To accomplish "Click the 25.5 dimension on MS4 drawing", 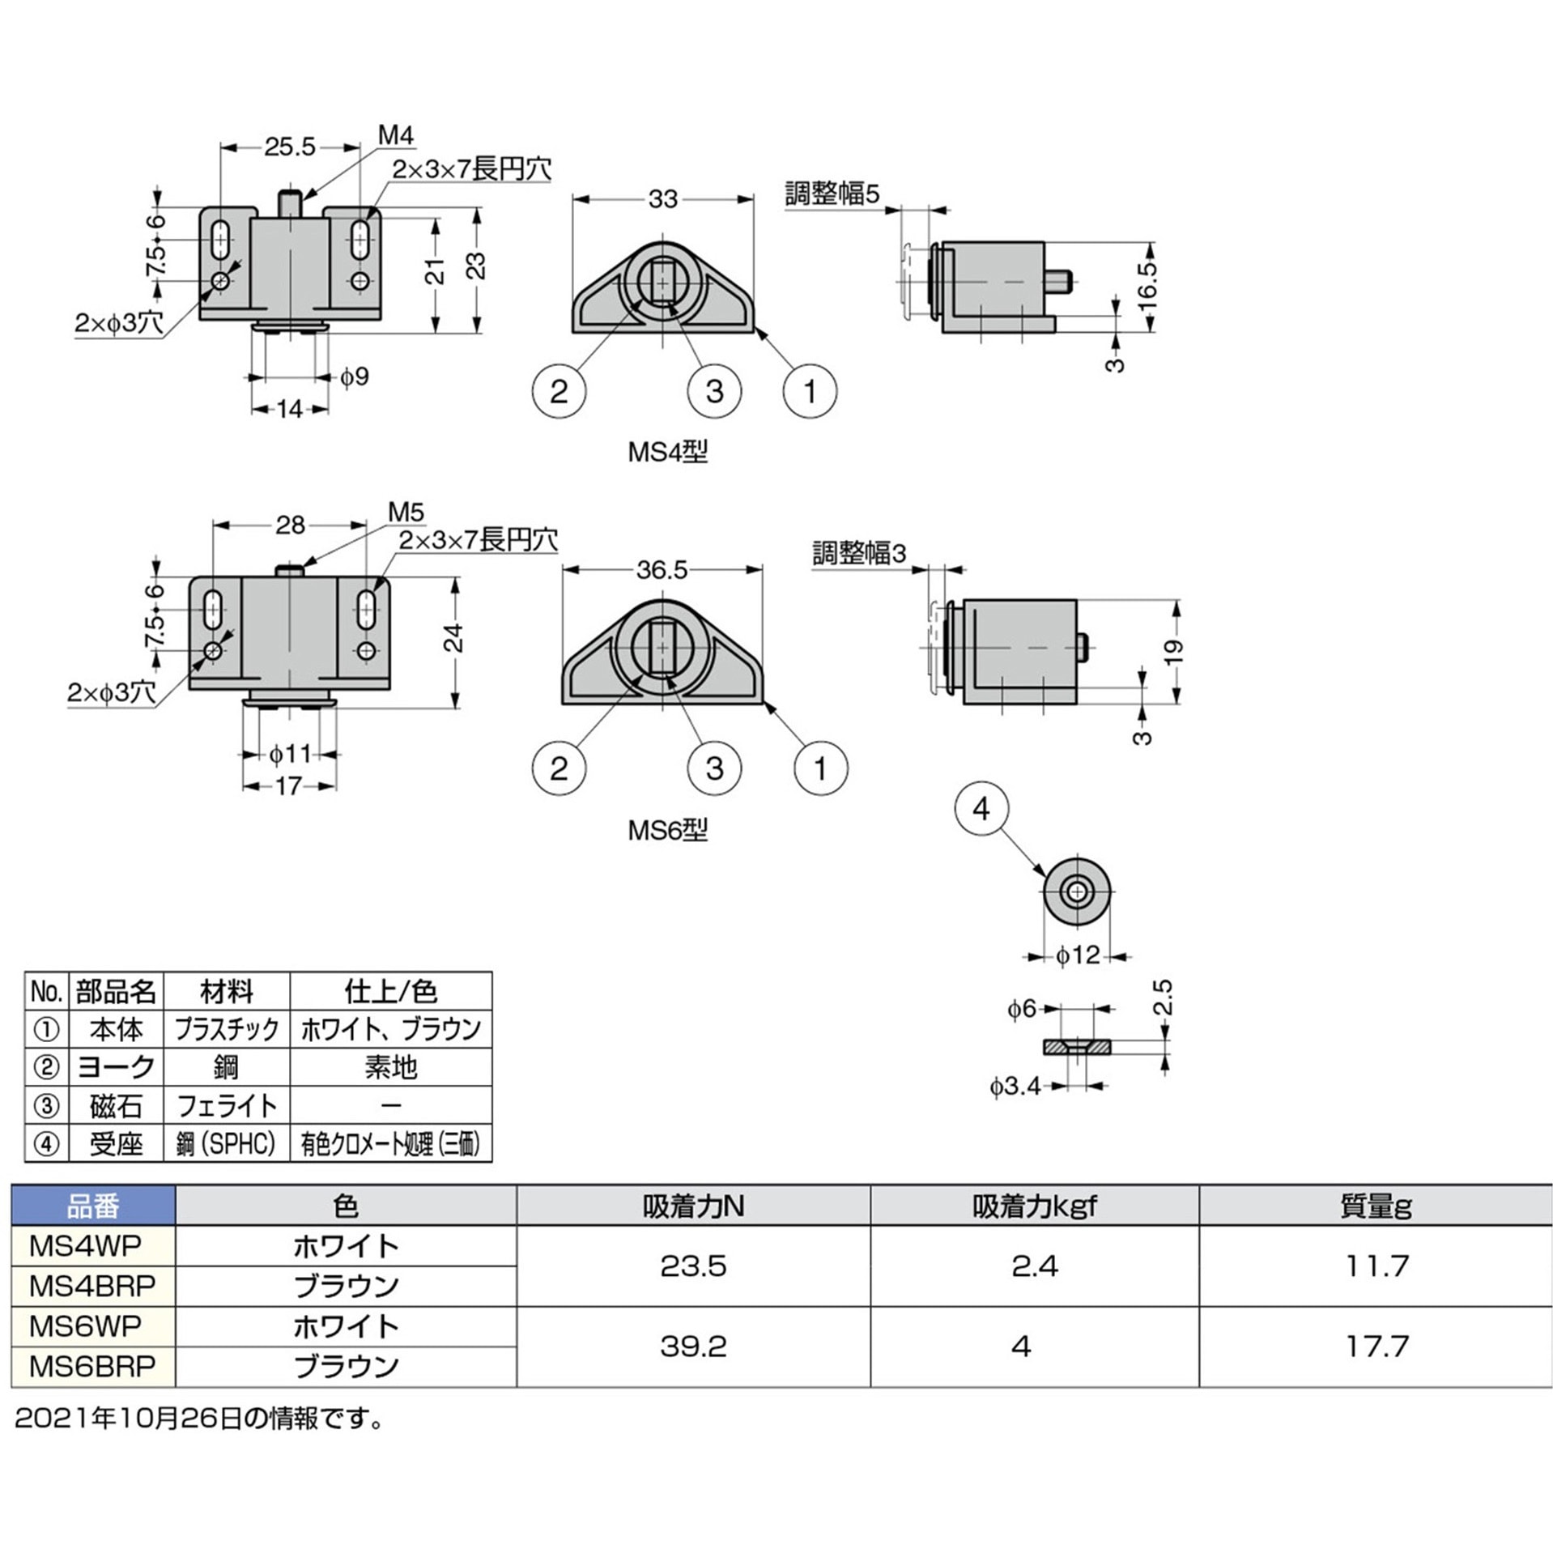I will [x=289, y=147].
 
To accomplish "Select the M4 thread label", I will [x=395, y=135].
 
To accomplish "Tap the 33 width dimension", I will [x=662, y=199].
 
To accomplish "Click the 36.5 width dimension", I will [x=662, y=570].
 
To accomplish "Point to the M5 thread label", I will [x=406, y=511].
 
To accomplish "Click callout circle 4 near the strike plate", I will [x=981, y=808].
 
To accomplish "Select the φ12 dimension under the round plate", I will [x=1077, y=955].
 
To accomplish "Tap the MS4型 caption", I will [x=667, y=451].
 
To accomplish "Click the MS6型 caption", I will [x=667, y=830].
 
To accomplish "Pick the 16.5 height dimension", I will [x=1147, y=285].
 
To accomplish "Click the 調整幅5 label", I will [x=832, y=194].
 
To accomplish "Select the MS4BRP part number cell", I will [x=92, y=1285].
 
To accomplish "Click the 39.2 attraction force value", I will [x=693, y=1346].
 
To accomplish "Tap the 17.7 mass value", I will [x=1376, y=1346].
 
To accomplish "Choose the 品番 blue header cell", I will [x=92, y=1206].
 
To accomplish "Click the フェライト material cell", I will [x=227, y=1105].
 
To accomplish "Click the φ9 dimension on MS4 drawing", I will [x=354, y=377].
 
